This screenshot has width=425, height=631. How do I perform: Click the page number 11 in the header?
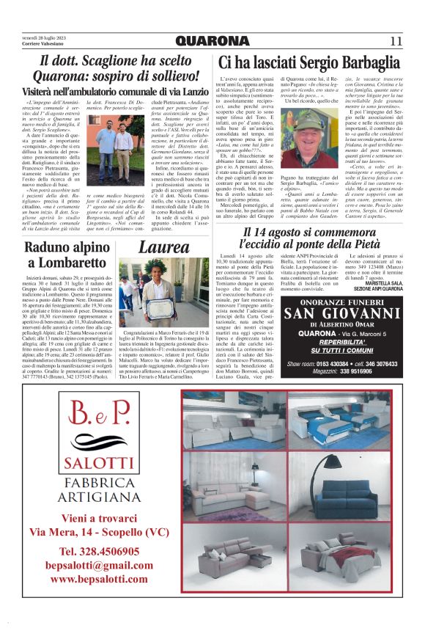pyautogui.click(x=395, y=41)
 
